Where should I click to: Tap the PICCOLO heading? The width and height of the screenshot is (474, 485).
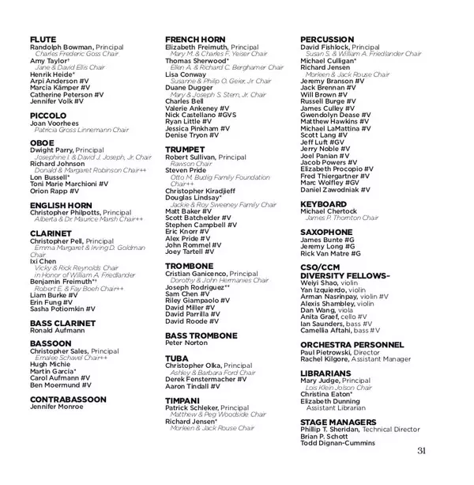48,115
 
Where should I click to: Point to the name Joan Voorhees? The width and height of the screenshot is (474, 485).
54,123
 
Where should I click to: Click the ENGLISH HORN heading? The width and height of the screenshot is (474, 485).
61,206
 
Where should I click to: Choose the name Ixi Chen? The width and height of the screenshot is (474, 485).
43,260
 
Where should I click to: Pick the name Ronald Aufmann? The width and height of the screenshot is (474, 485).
58,330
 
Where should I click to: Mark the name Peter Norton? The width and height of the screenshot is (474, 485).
186,343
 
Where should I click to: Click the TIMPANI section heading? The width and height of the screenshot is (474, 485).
182,400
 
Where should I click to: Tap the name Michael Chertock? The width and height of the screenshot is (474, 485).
328,211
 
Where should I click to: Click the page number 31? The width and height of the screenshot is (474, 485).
420,451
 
